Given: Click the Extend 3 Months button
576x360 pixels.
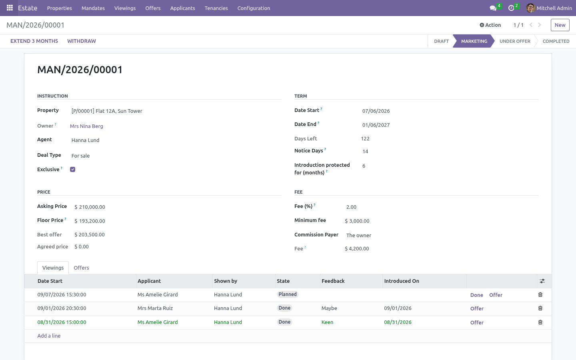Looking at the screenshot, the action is coord(34,41).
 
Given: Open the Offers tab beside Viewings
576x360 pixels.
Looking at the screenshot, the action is coord(81,268).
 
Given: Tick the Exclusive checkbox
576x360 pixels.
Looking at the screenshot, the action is coord(72,170).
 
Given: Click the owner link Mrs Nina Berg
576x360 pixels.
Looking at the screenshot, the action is coord(86,126).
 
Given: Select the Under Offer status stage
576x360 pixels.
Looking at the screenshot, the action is coord(515,41).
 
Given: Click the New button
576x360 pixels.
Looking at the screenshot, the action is coord(560,25).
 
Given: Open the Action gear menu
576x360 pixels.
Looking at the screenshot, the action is coord(490,25).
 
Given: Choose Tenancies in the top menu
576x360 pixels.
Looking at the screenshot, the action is coord(216,8).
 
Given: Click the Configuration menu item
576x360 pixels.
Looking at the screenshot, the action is coord(254,8).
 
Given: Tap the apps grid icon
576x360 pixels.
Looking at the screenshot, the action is coord(10,8).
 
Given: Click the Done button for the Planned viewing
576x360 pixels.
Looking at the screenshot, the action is coord(476,295).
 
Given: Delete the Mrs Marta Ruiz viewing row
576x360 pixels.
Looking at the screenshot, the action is coord(540,308).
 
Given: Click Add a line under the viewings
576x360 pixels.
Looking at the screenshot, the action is coord(49,336).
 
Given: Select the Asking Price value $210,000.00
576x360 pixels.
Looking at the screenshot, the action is coord(90,207).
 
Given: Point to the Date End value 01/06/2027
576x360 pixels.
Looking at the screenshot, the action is coord(376,125).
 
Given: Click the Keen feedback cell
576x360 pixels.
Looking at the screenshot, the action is coord(327,322).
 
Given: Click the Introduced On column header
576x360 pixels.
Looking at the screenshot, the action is coord(402,281).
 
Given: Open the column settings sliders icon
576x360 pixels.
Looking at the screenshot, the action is coord(542,281).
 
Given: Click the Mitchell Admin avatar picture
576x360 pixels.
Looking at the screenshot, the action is coord(530,8).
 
